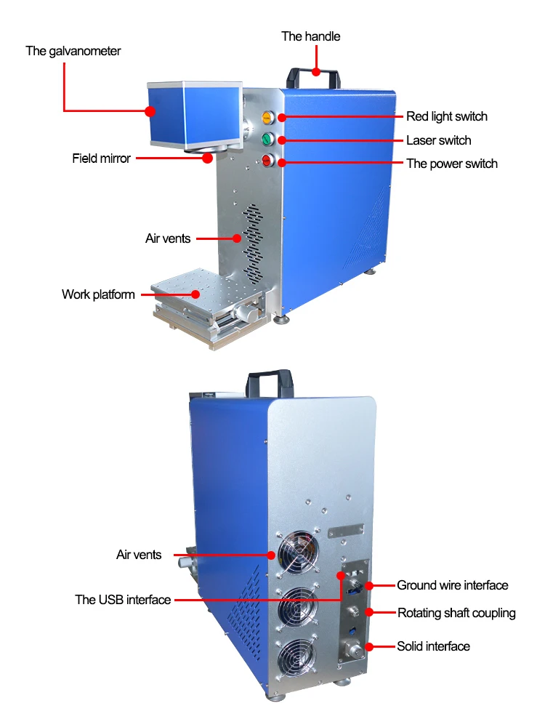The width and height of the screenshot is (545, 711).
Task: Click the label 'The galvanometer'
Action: tap(73, 51)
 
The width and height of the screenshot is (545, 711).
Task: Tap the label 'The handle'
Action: tap(310, 36)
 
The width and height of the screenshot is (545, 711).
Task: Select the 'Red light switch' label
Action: tap(446, 116)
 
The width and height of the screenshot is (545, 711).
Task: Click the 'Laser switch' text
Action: tap(438, 140)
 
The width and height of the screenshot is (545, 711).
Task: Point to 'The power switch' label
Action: tap(451, 164)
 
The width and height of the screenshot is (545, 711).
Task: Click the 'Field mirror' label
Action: tap(101, 158)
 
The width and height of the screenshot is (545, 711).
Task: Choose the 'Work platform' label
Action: tap(98, 294)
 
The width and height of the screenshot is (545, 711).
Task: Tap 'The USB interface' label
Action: tap(123, 600)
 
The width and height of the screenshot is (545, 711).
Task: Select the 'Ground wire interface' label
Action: tap(452, 585)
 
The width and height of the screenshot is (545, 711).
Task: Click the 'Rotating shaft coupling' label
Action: tap(456, 613)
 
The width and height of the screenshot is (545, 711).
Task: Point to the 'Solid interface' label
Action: tap(432, 646)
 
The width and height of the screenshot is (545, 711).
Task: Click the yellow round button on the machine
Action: tap(267, 116)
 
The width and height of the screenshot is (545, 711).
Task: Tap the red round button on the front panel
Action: tap(267, 161)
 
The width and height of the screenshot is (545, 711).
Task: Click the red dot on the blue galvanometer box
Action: tap(150, 111)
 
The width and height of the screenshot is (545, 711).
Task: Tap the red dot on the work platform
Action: tap(196, 294)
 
